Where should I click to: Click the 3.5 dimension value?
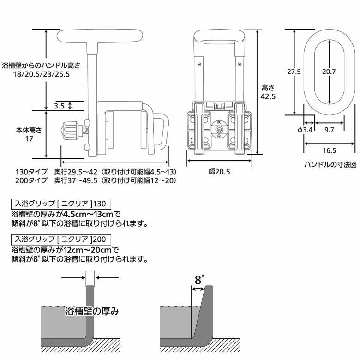click(59, 106)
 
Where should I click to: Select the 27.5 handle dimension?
click(294, 72)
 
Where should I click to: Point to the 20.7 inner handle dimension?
click(329, 72)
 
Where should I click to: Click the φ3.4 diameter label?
click(306, 130)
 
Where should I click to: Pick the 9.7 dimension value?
click(329, 130)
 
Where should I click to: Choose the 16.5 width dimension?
click(329, 150)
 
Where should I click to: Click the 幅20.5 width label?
click(219, 172)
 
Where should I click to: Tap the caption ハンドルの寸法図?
click(330, 164)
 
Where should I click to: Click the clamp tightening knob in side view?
click(69, 132)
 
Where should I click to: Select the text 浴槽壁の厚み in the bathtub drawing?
click(93, 311)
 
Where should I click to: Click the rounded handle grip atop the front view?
click(219, 35)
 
